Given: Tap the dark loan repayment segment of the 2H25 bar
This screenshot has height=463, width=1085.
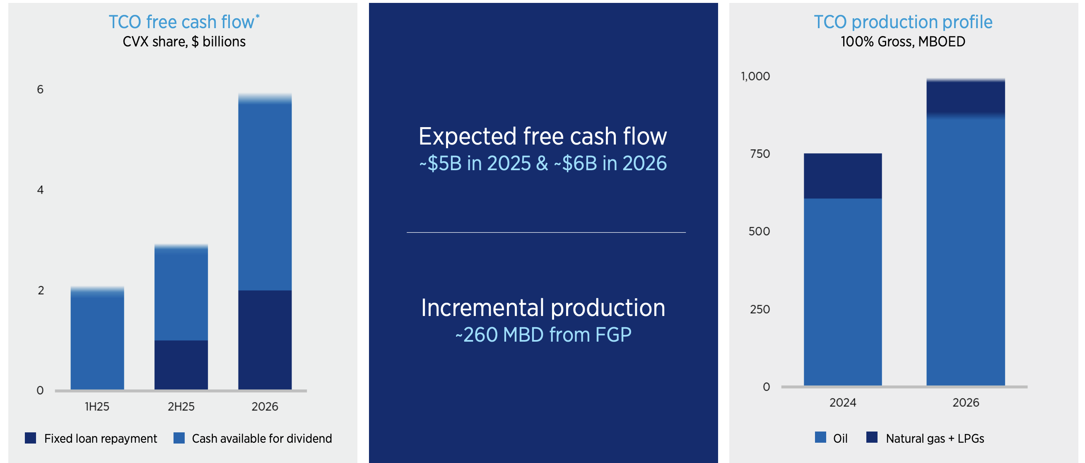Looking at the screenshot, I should (181, 365).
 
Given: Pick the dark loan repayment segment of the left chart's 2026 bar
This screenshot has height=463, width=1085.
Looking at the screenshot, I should (265, 340).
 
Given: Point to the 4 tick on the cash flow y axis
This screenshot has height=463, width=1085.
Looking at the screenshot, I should (41, 190).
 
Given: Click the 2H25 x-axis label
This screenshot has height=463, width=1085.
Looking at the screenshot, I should (181, 407).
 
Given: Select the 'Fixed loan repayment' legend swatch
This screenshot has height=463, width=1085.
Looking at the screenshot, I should (30, 438).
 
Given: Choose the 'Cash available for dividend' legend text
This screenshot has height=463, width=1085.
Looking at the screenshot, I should (262, 439).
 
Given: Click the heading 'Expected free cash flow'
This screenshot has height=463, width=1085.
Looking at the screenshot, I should (542, 137).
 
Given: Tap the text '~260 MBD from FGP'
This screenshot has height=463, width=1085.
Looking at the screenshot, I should (543, 335).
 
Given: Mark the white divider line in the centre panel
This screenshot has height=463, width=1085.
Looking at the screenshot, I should (546, 232).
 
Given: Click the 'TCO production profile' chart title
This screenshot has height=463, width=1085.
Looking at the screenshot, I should (903, 22).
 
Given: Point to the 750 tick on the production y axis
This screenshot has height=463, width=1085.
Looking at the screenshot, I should (760, 154).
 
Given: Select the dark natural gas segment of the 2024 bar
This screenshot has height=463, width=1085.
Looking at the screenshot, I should (843, 176).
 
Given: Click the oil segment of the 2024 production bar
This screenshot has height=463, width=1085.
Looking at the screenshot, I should (843, 292).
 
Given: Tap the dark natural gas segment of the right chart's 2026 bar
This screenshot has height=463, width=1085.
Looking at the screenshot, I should (966, 97).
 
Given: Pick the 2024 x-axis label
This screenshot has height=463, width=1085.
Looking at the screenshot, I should (843, 403).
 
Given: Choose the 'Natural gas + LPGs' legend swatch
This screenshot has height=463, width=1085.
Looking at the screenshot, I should (872, 437).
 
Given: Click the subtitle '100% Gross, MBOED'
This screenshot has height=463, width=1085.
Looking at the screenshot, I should (903, 42).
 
